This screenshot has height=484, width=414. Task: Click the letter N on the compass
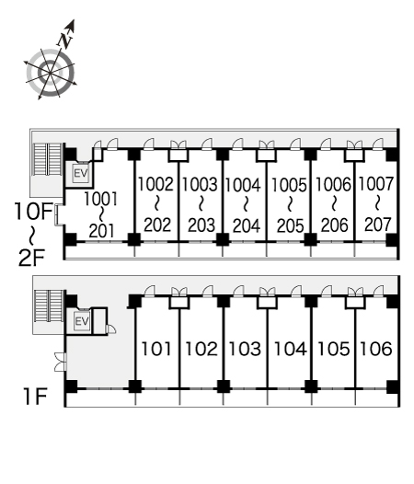(x=65, y=40)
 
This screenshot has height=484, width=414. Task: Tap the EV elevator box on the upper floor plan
(x=81, y=173)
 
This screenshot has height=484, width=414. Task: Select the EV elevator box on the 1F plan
(x=82, y=322)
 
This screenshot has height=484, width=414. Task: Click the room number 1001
(x=100, y=199)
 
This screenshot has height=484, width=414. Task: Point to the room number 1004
(x=243, y=185)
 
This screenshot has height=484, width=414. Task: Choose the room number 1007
(x=376, y=184)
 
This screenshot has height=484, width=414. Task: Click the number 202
(x=157, y=225)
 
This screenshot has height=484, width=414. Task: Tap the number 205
(x=290, y=225)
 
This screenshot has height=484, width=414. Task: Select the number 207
(x=377, y=225)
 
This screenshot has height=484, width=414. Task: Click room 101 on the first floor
(x=155, y=349)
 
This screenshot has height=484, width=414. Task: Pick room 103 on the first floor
(x=245, y=349)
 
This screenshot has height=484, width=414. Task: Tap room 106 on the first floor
(x=376, y=349)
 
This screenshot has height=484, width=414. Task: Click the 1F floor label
(x=35, y=397)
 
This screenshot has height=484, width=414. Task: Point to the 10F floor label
(x=33, y=212)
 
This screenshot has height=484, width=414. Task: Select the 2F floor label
(x=32, y=258)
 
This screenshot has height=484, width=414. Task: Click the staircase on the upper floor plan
(x=48, y=158)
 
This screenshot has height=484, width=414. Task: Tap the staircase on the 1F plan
(x=49, y=305)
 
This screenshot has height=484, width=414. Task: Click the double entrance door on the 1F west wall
(x=61, y=362)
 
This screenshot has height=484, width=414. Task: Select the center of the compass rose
(x=51, y=73)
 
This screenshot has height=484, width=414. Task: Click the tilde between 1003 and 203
(x=201, y=204)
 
